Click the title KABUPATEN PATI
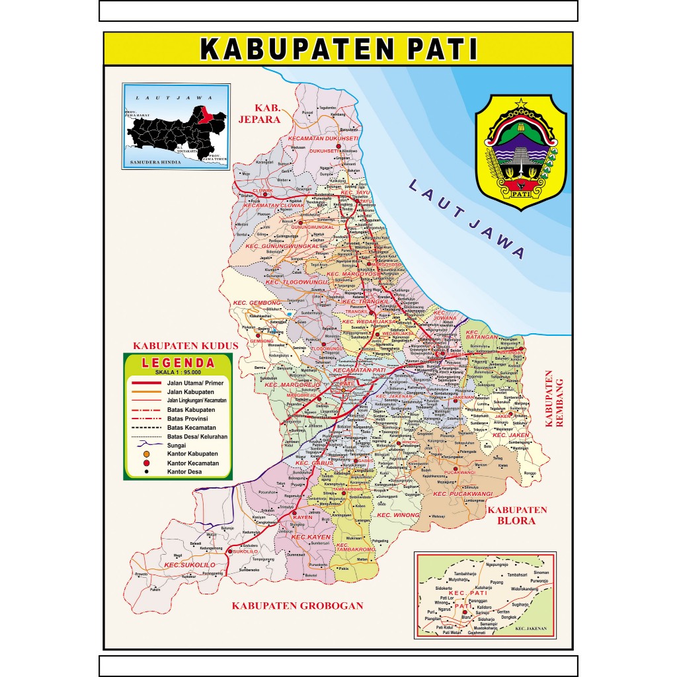point(338,50)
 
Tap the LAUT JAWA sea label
point(467,218)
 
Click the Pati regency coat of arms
point(521,153)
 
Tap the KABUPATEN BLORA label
point(518,515)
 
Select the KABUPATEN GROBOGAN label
point(298,606)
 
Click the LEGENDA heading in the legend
point(179,363)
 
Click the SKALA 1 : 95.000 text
point(179,372)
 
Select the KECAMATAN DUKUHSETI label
point(323,138)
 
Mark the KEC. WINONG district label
point(398,514)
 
